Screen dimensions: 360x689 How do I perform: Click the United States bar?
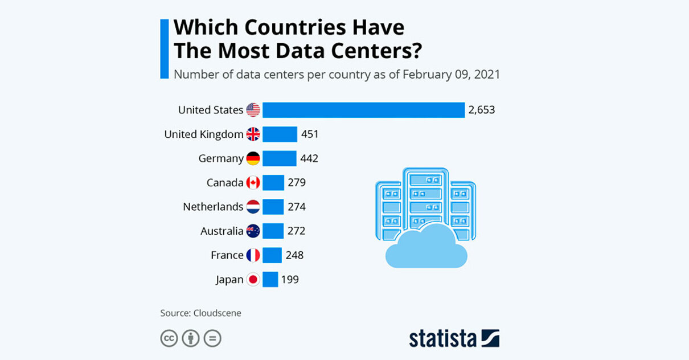pyautogui.click(x=363, y=110)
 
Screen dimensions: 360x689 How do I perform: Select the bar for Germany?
pyautogui.click(x=279, y=158)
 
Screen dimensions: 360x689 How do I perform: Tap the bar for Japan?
pyautogui.click(x=270, y=279)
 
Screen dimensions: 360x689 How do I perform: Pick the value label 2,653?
pyautogui.click(x=481, y=110)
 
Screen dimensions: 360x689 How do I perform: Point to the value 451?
pyautogui.click(x=310, y=134)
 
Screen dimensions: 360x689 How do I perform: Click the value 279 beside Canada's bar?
pyautogui.click(x=297, y=183)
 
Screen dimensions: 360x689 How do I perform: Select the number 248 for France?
pyautogui.click(x=294, y=255)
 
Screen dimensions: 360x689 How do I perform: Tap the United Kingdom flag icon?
pyautogui.click(x=253, y=134)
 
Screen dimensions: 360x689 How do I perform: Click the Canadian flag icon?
pyautogui.click(x=253, y=183)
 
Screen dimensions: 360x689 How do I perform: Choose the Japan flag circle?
pyautogui.click(x=253, y=279)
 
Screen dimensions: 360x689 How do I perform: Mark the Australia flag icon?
pyautogui.click(x=253, y=231)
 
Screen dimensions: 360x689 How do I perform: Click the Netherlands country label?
pyautogui.click(x=213, y=207)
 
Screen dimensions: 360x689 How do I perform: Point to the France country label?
pyautogui.click(x=227, y=255)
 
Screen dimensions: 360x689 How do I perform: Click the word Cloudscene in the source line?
pyautogui.click(x=217, y=313)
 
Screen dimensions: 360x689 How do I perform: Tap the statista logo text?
pyautogui.click(x=442, y=338)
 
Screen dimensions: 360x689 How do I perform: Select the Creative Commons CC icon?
pyautogui.click(x=169, y=338)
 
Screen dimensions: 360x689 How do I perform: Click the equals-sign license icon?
pyautogui.click(x=212, y=338)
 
